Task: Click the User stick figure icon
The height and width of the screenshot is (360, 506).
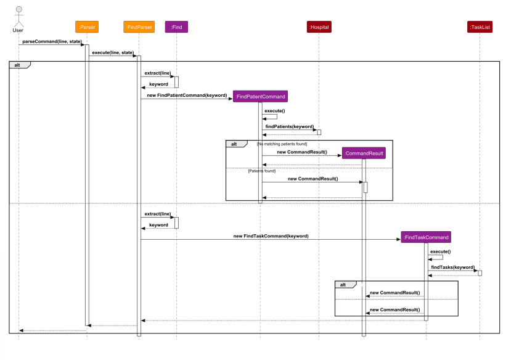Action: [18, 15]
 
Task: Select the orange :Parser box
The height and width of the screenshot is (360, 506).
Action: [87, 27]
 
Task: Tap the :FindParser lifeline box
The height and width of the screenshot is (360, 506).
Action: [139, 27]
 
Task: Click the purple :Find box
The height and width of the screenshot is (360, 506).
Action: [176, 27]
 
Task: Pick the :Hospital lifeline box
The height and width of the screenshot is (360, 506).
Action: [319, 27]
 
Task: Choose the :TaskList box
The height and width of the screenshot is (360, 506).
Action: [479, 27]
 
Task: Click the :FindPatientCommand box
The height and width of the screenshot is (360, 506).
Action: [260, 97]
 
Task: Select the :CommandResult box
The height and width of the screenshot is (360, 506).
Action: [364, 153]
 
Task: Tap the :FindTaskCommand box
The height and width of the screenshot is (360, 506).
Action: [426, 237]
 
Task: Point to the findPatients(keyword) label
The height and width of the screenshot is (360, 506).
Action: [290, 126]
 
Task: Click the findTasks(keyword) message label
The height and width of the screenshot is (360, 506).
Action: [453, 267]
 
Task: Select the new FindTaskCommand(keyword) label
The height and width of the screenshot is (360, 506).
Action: [271, 235]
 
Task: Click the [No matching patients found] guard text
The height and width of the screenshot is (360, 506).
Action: [282, 144]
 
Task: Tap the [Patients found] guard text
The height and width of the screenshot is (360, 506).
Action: [262, 171]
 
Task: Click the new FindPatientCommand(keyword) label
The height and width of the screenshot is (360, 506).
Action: [187, 95]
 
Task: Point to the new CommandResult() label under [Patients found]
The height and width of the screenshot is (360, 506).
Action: [312, 178]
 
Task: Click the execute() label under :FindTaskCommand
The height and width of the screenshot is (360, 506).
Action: [440, 252]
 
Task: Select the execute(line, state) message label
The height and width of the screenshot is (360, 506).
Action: [113, 52]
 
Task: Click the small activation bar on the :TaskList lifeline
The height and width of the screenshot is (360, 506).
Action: [479, 272]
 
